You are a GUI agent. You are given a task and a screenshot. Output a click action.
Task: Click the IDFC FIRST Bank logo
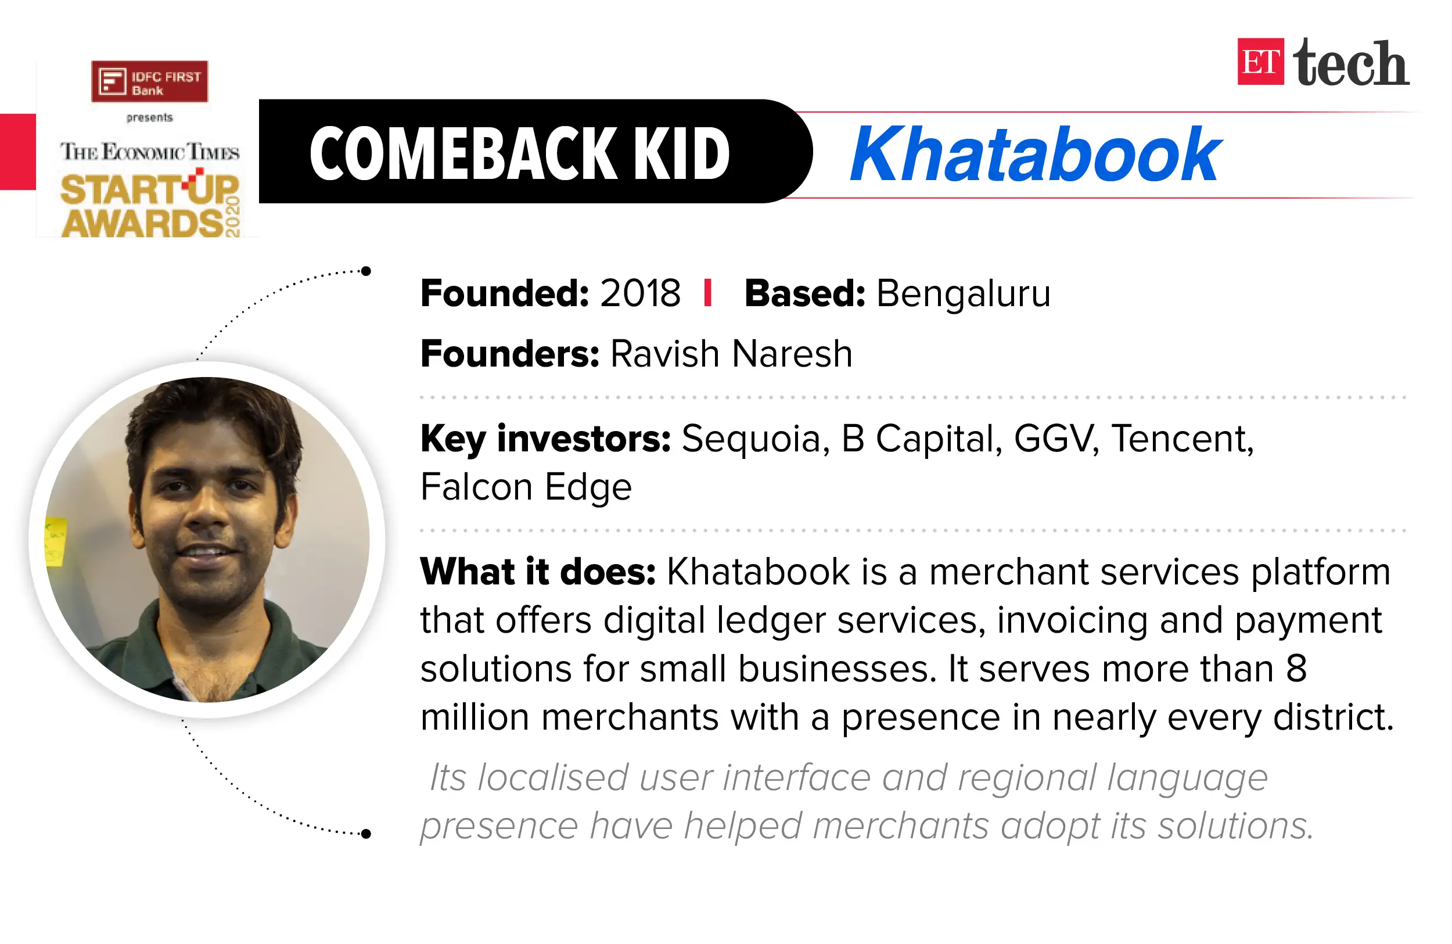[149, 81]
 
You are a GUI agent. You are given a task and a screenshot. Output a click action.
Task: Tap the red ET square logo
[1260, 62]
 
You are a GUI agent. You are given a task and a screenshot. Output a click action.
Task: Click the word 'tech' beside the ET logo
[1351, 63]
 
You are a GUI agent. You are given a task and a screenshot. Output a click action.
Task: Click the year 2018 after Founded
[640, 293]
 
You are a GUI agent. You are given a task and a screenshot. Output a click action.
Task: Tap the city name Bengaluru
[964, 293]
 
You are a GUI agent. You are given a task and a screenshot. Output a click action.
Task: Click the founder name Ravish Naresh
[731, 354]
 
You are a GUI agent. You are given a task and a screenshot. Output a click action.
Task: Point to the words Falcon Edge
[526, 487]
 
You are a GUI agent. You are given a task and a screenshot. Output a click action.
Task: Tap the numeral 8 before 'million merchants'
[1296, 668]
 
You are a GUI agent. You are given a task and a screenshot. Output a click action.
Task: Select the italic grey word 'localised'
[553, 778]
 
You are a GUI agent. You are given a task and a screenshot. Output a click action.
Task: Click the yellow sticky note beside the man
[56, 541]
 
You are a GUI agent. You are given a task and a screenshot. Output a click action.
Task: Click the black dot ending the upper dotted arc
[366, 271]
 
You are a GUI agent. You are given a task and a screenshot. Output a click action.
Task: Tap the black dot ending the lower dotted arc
[366, 834]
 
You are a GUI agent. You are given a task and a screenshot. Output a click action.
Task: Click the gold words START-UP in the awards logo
[149, 190]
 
